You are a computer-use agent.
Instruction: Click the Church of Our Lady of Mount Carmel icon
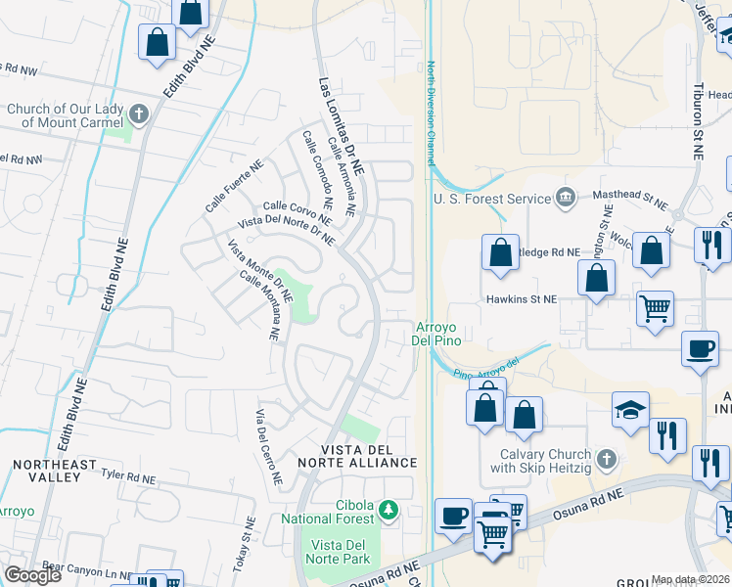139,114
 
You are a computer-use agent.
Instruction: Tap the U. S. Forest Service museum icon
566,199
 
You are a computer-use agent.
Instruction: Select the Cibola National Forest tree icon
389,510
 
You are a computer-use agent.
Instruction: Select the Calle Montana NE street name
260,306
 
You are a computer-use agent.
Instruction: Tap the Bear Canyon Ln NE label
87,566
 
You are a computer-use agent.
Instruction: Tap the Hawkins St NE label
521,298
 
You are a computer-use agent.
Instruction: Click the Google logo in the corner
32,575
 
